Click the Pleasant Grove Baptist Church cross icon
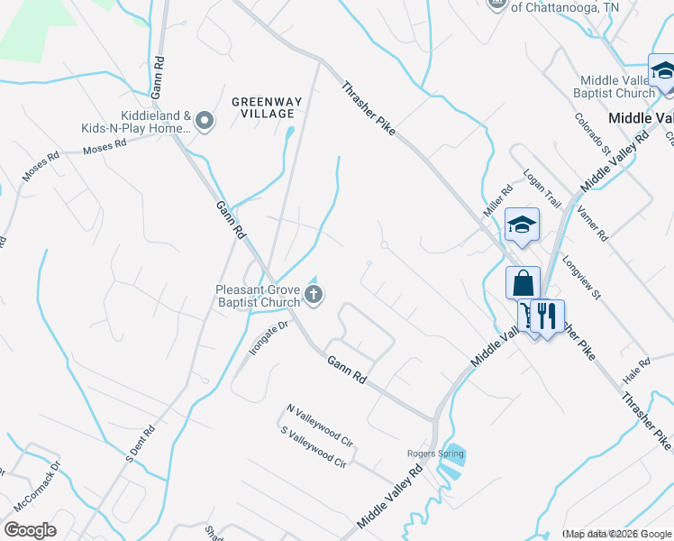(x=314, y=293)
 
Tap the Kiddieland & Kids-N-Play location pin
(x=205, y=121)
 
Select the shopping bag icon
(x=523, y=284)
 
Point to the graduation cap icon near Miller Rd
(x=522, y=225)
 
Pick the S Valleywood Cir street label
(x=314, y=448)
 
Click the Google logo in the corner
(x=30, y=530)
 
